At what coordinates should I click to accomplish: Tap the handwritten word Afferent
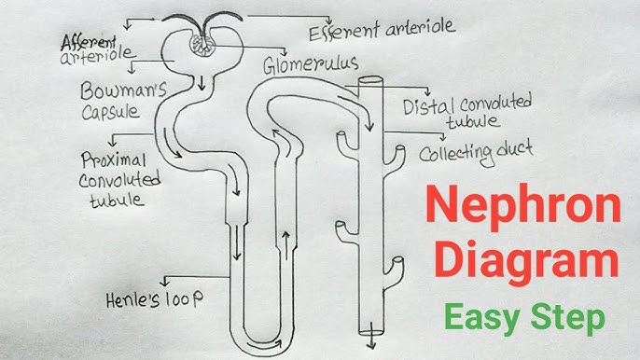tap(90, 42)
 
